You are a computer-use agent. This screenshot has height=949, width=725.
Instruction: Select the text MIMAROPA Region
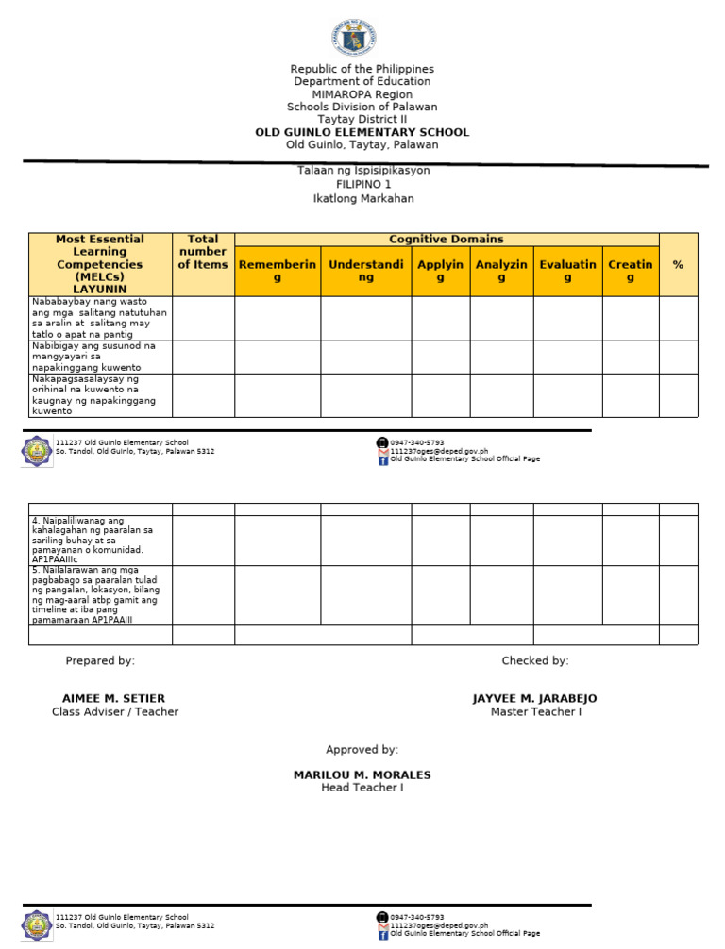(362, 94)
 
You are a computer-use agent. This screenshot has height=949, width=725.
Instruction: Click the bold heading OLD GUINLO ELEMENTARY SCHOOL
(362, 132)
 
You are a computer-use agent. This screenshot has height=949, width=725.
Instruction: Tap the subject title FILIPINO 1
(362, 185)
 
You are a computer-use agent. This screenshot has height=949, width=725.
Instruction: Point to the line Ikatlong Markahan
(362, 199)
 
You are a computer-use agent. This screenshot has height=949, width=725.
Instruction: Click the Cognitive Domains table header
(446, 240)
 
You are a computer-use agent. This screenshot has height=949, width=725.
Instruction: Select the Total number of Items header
(203, 252)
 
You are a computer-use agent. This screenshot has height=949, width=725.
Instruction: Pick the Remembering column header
(278, 271)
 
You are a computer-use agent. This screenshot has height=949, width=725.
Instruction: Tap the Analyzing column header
(501, 271)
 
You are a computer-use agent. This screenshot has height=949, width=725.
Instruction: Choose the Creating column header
(630, 271)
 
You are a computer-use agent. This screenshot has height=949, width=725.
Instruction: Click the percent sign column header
(678, 265)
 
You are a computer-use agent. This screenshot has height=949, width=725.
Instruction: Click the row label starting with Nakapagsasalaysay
(93, 395)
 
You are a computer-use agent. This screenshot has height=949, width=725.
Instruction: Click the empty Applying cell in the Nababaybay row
(440, 318)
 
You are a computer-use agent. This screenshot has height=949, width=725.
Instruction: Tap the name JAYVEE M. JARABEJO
(534, 698)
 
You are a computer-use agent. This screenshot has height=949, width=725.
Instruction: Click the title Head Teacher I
(362, 788)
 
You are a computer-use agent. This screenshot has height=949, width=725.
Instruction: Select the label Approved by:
(362, 750)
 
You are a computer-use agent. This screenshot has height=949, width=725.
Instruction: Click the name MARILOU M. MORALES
(362, 774)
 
